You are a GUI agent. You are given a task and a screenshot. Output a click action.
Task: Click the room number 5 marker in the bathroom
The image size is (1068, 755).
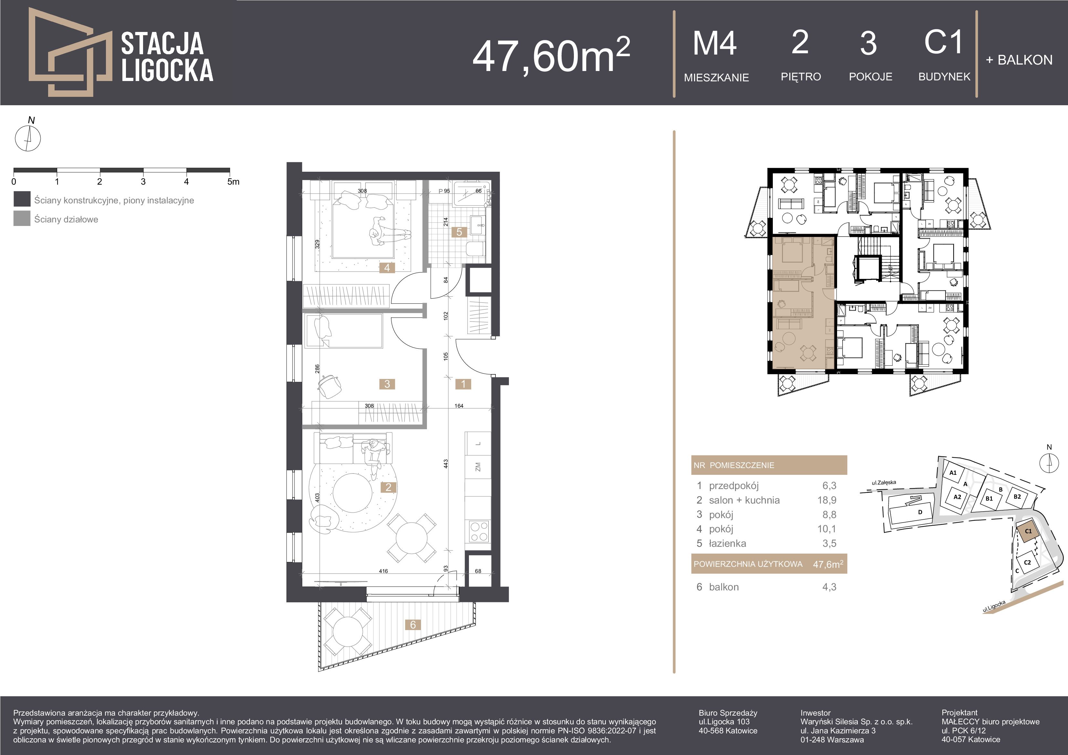(459, 232)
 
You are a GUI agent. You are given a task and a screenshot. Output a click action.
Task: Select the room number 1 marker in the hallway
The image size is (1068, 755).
(463, 384)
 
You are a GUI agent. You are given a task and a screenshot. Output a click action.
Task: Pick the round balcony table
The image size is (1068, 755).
(347, 631)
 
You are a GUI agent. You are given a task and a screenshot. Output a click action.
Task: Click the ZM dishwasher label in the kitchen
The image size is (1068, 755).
(478, 467)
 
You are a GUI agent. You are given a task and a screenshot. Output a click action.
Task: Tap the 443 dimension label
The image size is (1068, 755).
(446, 464)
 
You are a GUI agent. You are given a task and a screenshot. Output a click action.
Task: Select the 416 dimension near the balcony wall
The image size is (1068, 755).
(383, 571)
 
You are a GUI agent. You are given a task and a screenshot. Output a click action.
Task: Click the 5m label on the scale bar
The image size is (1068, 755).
(233, 182)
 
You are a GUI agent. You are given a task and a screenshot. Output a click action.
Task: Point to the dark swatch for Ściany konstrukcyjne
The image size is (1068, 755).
(22, 199)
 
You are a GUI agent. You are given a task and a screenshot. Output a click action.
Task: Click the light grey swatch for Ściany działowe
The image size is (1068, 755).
(22, 219)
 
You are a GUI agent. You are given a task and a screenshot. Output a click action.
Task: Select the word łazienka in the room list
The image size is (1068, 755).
(728, 544)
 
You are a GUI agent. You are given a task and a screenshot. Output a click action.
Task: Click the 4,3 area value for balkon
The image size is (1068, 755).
(829, 587)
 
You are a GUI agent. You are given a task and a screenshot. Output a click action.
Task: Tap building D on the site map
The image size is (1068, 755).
(920, 512)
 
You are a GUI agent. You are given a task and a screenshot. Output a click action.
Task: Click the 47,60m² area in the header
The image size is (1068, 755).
(552, 55)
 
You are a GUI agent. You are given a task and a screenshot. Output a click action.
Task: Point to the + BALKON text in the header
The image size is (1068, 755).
(1019, 60)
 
